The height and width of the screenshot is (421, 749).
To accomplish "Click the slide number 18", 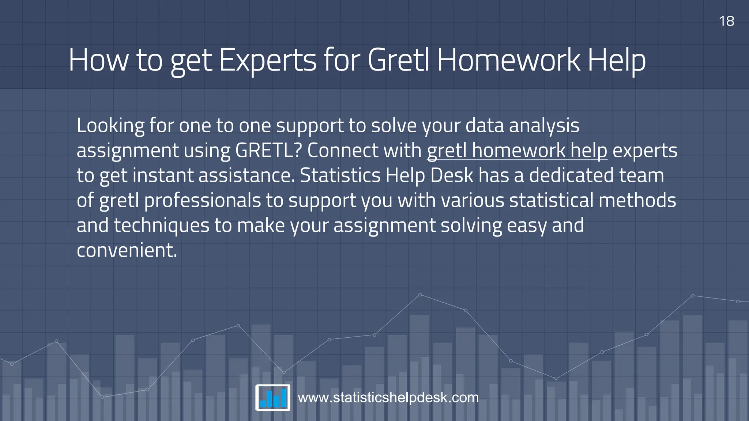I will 726,21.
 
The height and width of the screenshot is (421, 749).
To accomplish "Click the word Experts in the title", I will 268,60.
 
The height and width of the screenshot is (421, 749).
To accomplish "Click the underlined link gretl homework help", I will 517,151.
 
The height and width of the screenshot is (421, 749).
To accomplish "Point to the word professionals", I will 202,201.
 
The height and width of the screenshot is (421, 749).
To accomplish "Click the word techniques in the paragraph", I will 162,225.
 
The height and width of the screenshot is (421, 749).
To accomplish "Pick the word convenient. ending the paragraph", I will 127,250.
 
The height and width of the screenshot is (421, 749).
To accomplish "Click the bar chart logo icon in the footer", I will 273,398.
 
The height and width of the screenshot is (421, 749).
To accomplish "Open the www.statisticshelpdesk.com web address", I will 388,398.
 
